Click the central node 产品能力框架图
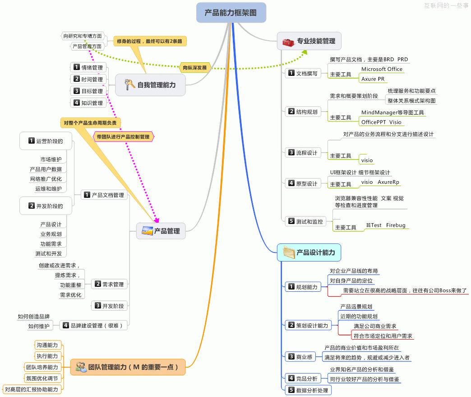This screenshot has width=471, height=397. (231, 13)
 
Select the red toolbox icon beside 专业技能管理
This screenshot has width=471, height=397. (288, 42)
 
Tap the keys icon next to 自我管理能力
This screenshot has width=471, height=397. (129, 84)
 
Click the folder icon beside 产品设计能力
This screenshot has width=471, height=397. (289, 252)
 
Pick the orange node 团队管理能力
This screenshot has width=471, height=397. (129, 367)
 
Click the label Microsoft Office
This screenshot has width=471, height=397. (382, 69)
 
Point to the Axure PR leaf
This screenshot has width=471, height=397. (373, 79)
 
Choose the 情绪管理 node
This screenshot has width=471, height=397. (88, 68)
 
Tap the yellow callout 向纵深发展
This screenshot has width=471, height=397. (195, 68)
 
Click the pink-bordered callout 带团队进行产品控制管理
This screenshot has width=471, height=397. (123, 136)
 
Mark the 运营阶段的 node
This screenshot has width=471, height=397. (46, 141)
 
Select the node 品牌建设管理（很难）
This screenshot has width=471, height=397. (93, 325)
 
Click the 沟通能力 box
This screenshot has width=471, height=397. (47, 346)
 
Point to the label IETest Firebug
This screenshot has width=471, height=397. (386, 225)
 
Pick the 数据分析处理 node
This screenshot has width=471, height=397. (308, 390)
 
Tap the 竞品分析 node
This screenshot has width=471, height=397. (302, 378)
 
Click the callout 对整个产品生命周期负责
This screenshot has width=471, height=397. (90, 122)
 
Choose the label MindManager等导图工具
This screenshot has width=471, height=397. (392, 112)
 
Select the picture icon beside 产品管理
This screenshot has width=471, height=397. (147, 231)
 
